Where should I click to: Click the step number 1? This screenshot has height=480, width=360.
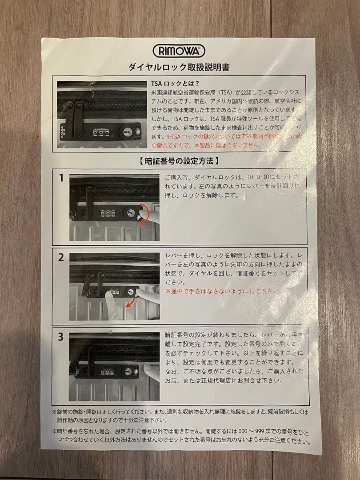(x=61, y=178)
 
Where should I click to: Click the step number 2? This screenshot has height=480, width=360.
(x=61, y=257)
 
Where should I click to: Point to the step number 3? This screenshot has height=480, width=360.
(x=61, y=337)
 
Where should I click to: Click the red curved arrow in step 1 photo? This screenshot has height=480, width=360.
(x=143, y=214)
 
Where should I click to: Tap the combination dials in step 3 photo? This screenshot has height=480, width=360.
(x=108, y=371)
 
